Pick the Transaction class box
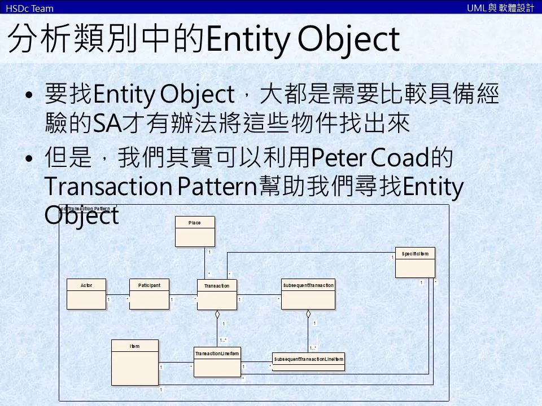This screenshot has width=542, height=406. tap(217, 294)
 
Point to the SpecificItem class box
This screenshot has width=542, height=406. tap(415, 262)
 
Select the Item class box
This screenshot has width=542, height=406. tap(134, 361)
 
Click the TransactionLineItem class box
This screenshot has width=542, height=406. tap(217, 361)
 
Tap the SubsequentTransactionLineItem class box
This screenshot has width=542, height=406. tap(308, 361)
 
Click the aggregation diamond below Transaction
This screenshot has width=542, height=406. tap(217, 314)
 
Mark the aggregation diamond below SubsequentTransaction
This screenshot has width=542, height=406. tap(308, 313)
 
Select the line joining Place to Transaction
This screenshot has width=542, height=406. tap(204, 262)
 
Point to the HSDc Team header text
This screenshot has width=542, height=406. tap(29, 8)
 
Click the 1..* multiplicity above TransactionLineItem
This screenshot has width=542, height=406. tap(224, 339)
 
